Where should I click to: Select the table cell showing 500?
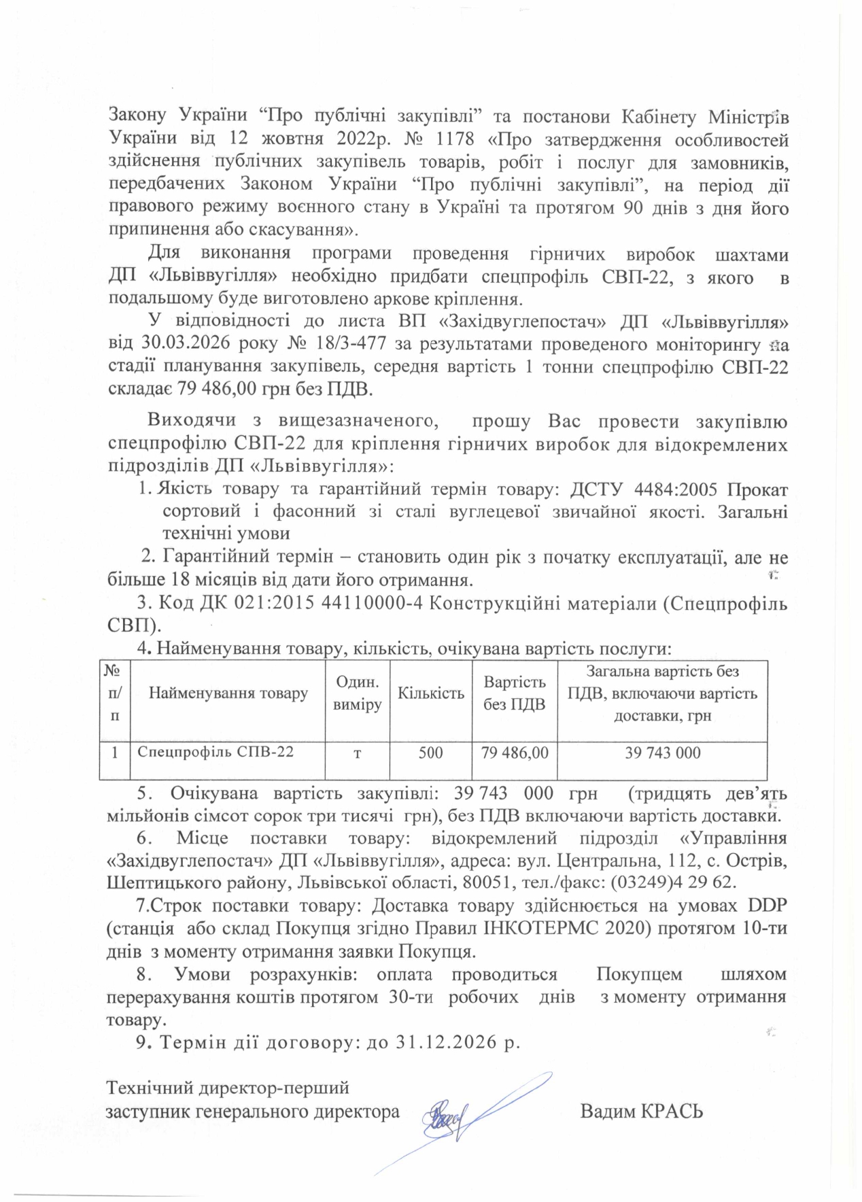(x=431, y=753)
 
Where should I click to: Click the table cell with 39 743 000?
(x=662, y=753)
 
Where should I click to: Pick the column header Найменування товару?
(x=228, y=693)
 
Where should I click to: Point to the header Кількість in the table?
(x=431, y=693)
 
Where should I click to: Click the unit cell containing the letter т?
(x=357, y=753)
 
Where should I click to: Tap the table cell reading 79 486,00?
(x=515, y=753)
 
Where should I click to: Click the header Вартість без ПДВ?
(x=515, y=693)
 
